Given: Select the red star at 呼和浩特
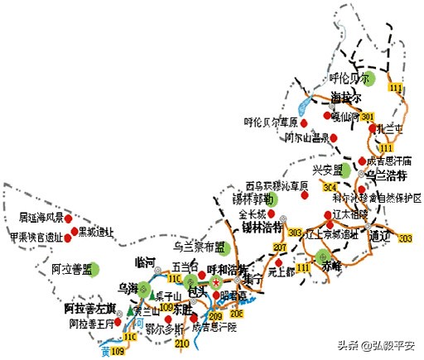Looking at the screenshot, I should (x=217, y=282).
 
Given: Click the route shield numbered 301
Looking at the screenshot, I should (x=368, y=115).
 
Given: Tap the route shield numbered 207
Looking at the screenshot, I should (x=280, y=248).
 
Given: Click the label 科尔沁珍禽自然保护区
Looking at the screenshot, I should (x=378, y=199).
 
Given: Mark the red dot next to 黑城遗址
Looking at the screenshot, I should (x=75, y=231).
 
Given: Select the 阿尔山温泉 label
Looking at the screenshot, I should (x=307, y=137).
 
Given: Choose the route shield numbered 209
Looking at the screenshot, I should (x=215, y=316).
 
